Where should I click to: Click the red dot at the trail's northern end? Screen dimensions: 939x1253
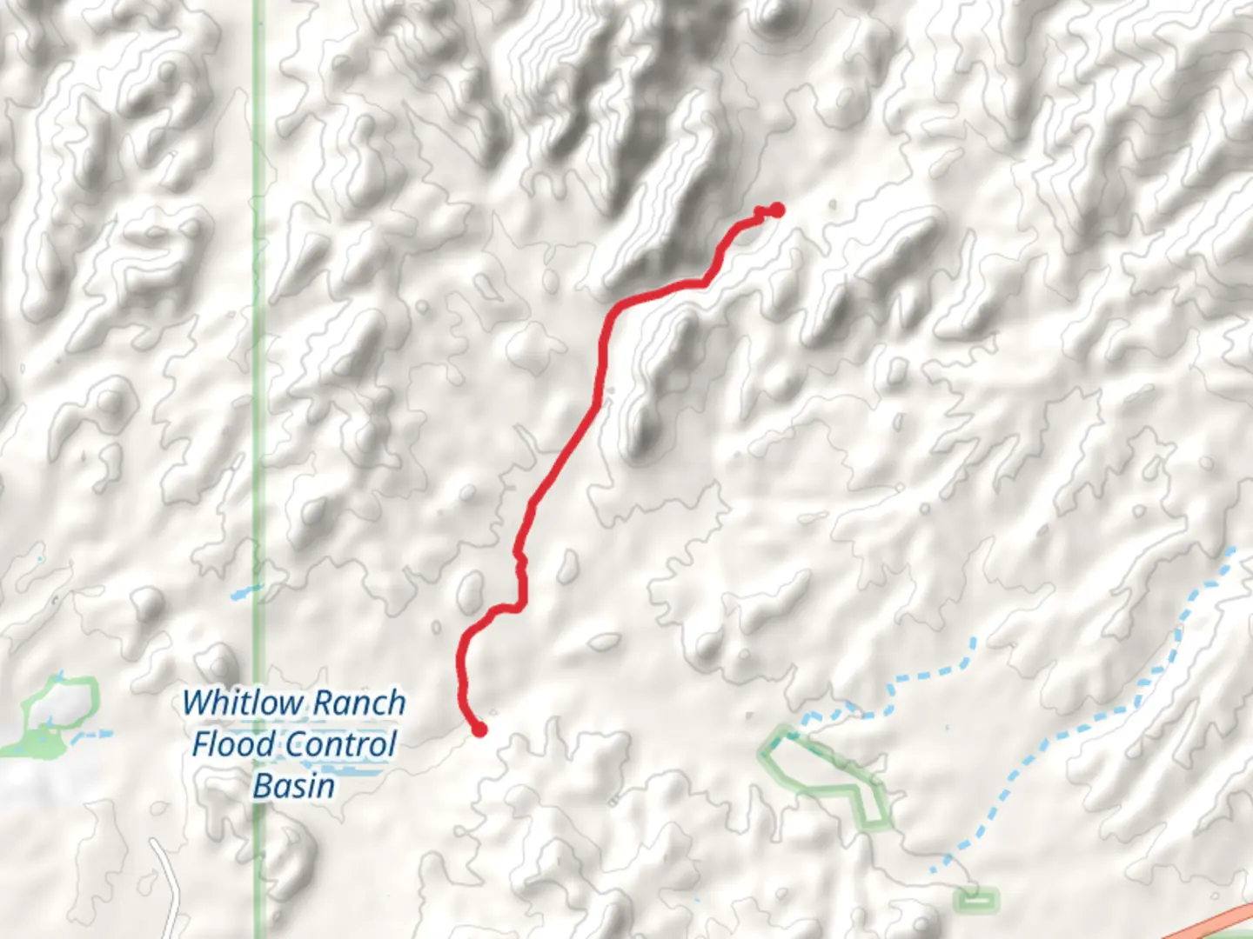(x=777, y=210)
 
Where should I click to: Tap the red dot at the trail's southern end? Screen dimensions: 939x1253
(x=479, y=729)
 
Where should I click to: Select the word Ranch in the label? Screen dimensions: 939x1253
(x=359, y=703)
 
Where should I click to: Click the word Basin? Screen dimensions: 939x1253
(x=294, y=786)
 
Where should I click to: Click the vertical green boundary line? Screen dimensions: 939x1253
(x=258, y=348)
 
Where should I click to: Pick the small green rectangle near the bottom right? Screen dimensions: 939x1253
(x=976, y=900)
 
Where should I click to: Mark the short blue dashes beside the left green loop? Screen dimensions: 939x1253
(x=94, y=735)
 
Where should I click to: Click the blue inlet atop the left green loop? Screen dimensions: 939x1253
(x=58, y=676)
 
